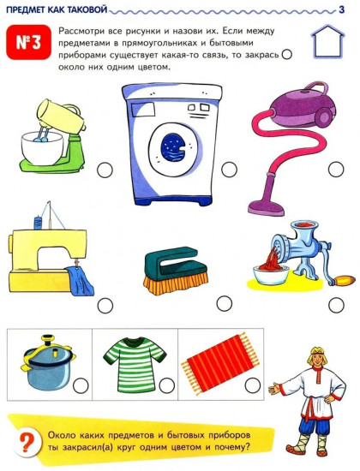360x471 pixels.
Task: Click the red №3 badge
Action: tap(28, 42)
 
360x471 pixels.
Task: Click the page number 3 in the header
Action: tap(341, 9)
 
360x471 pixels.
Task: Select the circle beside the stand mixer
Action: tap(105, 170)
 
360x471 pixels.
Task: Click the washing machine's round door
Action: tap(176, 148)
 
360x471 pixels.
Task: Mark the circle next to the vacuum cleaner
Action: tap(336, 170)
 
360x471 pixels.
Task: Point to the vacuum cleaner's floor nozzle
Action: tap(267, 207)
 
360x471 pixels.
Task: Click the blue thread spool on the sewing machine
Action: tap(38, 223)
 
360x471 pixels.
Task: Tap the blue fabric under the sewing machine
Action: tap(80, 281)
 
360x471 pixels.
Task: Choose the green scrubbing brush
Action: tap(176, 271)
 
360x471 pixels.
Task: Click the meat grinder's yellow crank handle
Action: tap(345, 281)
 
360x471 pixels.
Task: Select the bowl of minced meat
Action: tap(271, 272)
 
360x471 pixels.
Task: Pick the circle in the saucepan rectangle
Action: tap(81, 385)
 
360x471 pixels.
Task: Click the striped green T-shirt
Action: tap(135, 364)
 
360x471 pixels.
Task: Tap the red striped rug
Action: tap(220, 362)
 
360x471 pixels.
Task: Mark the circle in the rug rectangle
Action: tap(253, 385)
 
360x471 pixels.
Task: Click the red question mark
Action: tap(27, 442)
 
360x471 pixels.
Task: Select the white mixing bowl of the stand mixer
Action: tap(42, 148)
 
